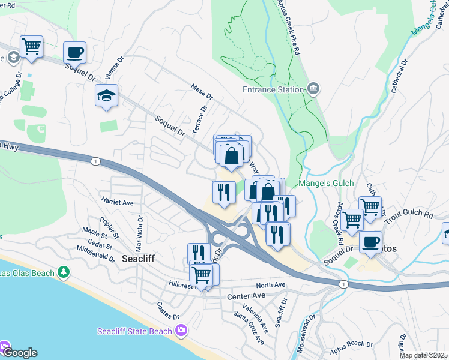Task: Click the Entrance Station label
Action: [273, 89]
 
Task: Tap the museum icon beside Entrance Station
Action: [313, 89]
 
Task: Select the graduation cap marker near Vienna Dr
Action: [106, 96]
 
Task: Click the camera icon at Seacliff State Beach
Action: [181, 331]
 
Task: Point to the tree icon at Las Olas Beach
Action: [63, 273]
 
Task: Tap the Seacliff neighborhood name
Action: [139, 259]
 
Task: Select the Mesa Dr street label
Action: [202, 91]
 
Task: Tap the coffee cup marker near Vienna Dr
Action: [74, 52]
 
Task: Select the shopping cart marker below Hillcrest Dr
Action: [202, 275]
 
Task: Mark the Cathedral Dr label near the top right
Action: [399, 76]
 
